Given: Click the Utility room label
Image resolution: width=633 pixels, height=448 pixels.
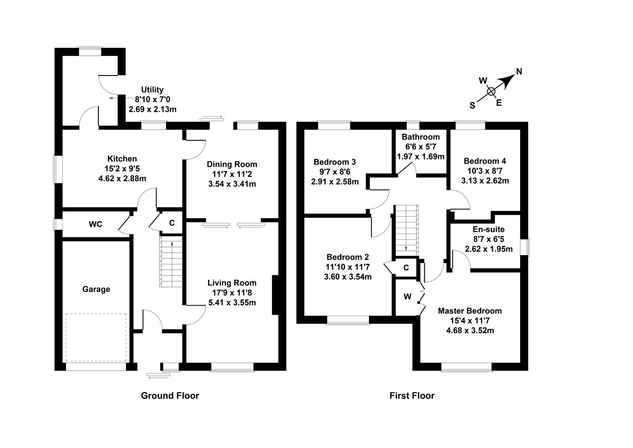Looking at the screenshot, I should pos(152,90).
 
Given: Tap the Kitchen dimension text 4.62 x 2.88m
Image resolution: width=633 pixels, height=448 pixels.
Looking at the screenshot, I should pos(122,178).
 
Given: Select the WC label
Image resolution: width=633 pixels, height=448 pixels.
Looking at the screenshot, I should pos(96,224).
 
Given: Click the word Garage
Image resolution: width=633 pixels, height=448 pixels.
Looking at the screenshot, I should pos(96,289).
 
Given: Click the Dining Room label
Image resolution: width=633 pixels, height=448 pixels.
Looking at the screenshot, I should pos(232,164).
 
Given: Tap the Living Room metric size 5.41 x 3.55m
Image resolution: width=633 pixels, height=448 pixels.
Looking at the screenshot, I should pos(232,302).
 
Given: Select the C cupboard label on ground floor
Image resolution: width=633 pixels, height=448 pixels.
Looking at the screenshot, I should pos(172,223).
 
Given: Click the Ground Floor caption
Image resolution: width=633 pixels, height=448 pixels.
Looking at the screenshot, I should pos(170,396).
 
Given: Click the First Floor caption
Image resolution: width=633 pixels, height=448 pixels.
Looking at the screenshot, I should pos(412,396).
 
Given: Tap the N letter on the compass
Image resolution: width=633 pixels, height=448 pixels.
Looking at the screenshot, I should pos(519,72).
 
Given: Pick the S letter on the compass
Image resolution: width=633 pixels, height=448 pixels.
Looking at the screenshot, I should pos(472,106).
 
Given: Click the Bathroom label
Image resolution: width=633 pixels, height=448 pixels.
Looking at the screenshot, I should pos(421,137).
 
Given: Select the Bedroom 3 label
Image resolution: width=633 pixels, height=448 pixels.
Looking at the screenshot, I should pos(335,162).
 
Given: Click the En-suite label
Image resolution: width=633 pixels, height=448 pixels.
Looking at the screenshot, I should pos(489,230).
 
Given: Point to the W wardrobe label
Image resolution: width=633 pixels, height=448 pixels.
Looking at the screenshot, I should pos(407,297).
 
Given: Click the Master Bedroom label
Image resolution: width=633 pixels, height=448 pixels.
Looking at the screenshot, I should pos(470,311).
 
